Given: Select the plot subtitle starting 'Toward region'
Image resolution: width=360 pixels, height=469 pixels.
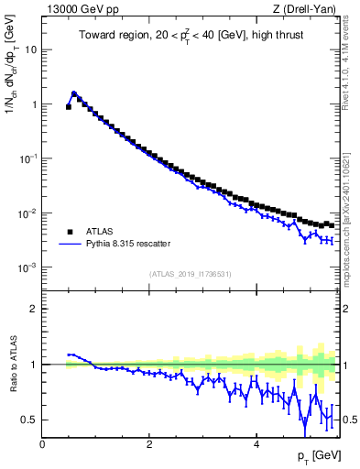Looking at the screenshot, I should (x=190, y=38).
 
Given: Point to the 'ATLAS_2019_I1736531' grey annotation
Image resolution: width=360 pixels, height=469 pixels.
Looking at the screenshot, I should (x=190, y=274).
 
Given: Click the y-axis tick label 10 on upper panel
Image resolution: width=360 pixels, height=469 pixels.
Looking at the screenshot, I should (x=30, y=49).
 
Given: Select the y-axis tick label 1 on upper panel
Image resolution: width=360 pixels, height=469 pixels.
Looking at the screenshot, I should (x=34, y=104).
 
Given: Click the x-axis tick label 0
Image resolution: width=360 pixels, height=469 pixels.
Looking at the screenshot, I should (x=42, y=443).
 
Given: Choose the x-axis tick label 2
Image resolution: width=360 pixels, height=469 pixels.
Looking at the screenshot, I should (x=148, y=443).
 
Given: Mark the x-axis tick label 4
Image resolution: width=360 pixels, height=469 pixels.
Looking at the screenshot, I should (x=256, y=443).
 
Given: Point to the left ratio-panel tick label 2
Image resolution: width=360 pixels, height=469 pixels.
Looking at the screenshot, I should (x=34, y=309).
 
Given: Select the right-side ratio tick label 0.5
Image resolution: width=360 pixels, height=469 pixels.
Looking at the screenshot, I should (x=350, y=420).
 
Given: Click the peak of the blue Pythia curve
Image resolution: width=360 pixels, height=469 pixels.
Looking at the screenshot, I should (x=74, y=93).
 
